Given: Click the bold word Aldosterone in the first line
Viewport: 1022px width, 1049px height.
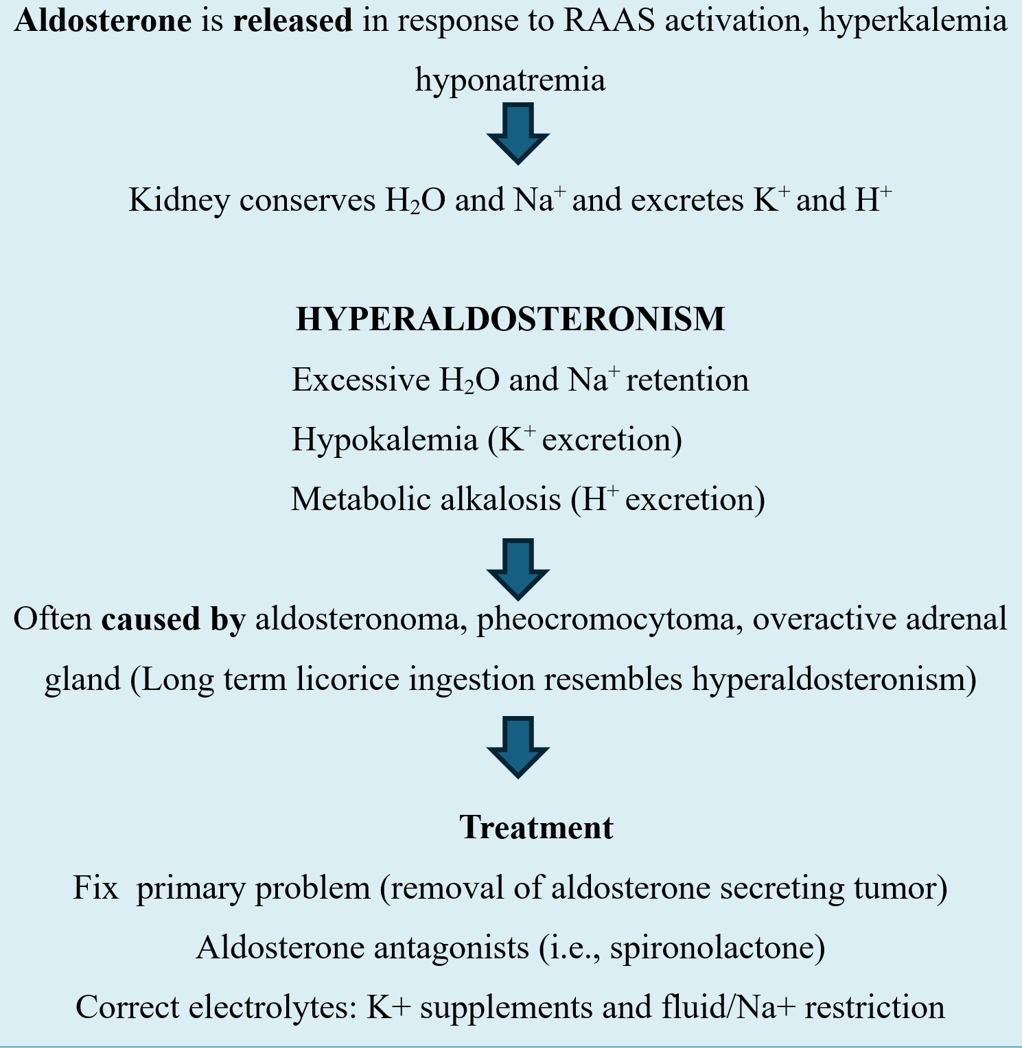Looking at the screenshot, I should pos(103,21).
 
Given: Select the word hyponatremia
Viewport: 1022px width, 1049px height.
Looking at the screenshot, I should pos(510,80).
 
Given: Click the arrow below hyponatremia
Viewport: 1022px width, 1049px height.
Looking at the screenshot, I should pos(518,133).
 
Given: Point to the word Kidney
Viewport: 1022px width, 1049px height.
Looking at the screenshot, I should pos(179,200).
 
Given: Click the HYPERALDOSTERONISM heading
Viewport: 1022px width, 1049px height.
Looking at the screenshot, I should pos(510,319).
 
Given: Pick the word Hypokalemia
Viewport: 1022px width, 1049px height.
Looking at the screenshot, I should pos(384,439).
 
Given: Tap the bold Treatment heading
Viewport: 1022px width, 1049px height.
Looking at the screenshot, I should pos(536,827).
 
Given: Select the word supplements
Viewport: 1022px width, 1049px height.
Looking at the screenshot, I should pos(506,1008).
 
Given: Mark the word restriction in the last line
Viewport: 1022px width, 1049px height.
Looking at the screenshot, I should pos(874,1008).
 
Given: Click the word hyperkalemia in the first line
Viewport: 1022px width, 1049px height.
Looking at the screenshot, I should pos(913,22).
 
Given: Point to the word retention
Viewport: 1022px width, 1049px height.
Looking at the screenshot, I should pos(687,380).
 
